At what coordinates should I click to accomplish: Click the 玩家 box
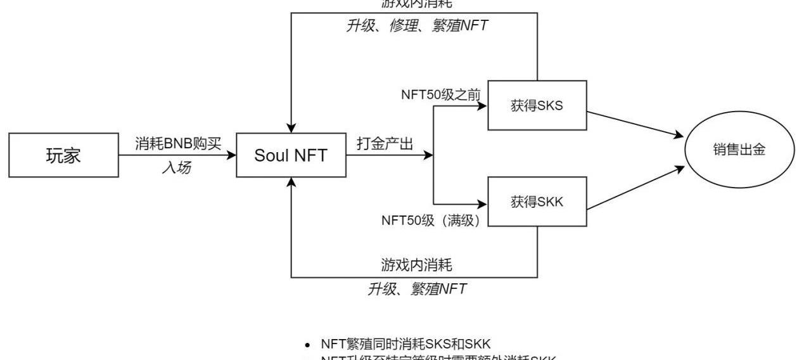pos(63,155)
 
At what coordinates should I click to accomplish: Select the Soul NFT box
pos(291,155)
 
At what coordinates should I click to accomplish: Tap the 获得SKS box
pos(537,106)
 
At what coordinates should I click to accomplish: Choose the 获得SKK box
pos(537,202)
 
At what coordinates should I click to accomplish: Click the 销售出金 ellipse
pos(738,150)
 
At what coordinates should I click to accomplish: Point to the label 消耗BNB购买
pos(178,143)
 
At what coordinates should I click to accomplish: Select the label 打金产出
pos(385,143)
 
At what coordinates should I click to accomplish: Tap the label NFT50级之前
pos(441,94)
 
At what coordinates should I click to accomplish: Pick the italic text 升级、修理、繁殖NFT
pos(416,25)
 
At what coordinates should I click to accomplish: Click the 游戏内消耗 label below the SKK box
pos(416,264)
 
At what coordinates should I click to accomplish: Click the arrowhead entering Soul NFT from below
pos(291,182)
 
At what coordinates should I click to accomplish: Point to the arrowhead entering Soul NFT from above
pos(291,128)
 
